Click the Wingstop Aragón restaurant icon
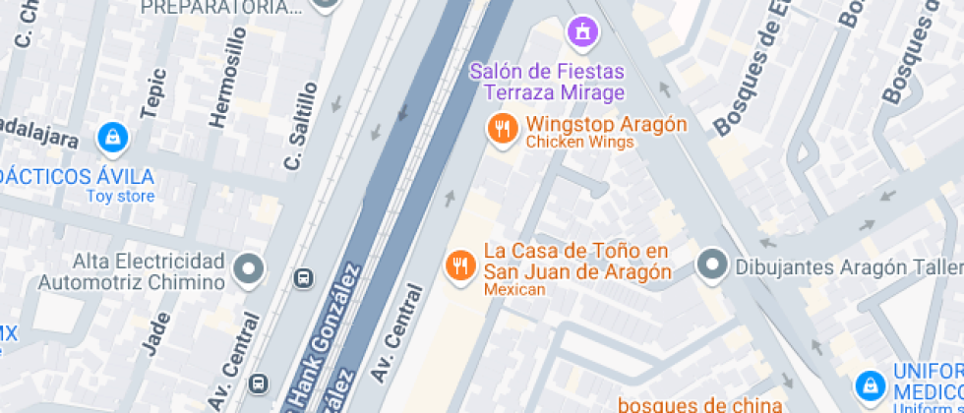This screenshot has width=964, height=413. pos(503,129)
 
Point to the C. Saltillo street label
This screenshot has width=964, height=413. pos(302,125)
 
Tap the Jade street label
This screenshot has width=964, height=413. pos(157,333)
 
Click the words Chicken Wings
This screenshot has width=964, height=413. pos(579,143)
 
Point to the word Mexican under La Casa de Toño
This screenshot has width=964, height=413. pos(513,289)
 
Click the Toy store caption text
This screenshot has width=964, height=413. pos(120,196)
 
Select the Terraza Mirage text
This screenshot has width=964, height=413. pos(554,93)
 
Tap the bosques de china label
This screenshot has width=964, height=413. pos(699,403)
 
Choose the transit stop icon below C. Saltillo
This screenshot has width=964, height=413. pos(305,278)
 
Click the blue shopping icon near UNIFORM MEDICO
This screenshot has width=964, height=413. pos(869,384)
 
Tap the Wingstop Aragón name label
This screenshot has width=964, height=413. pos(606,125)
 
